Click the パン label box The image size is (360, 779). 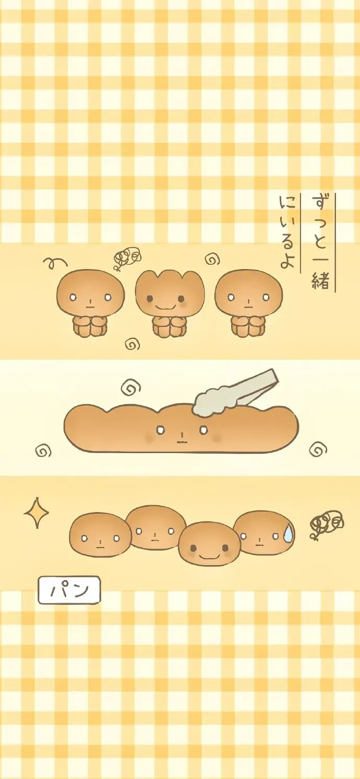point(69,590)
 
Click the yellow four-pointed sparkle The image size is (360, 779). point(36,513)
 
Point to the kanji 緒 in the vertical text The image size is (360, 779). point(320,281)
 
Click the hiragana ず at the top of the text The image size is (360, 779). point(320,203)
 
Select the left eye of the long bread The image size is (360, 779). point(160,430)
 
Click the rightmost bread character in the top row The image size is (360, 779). point(249,303)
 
